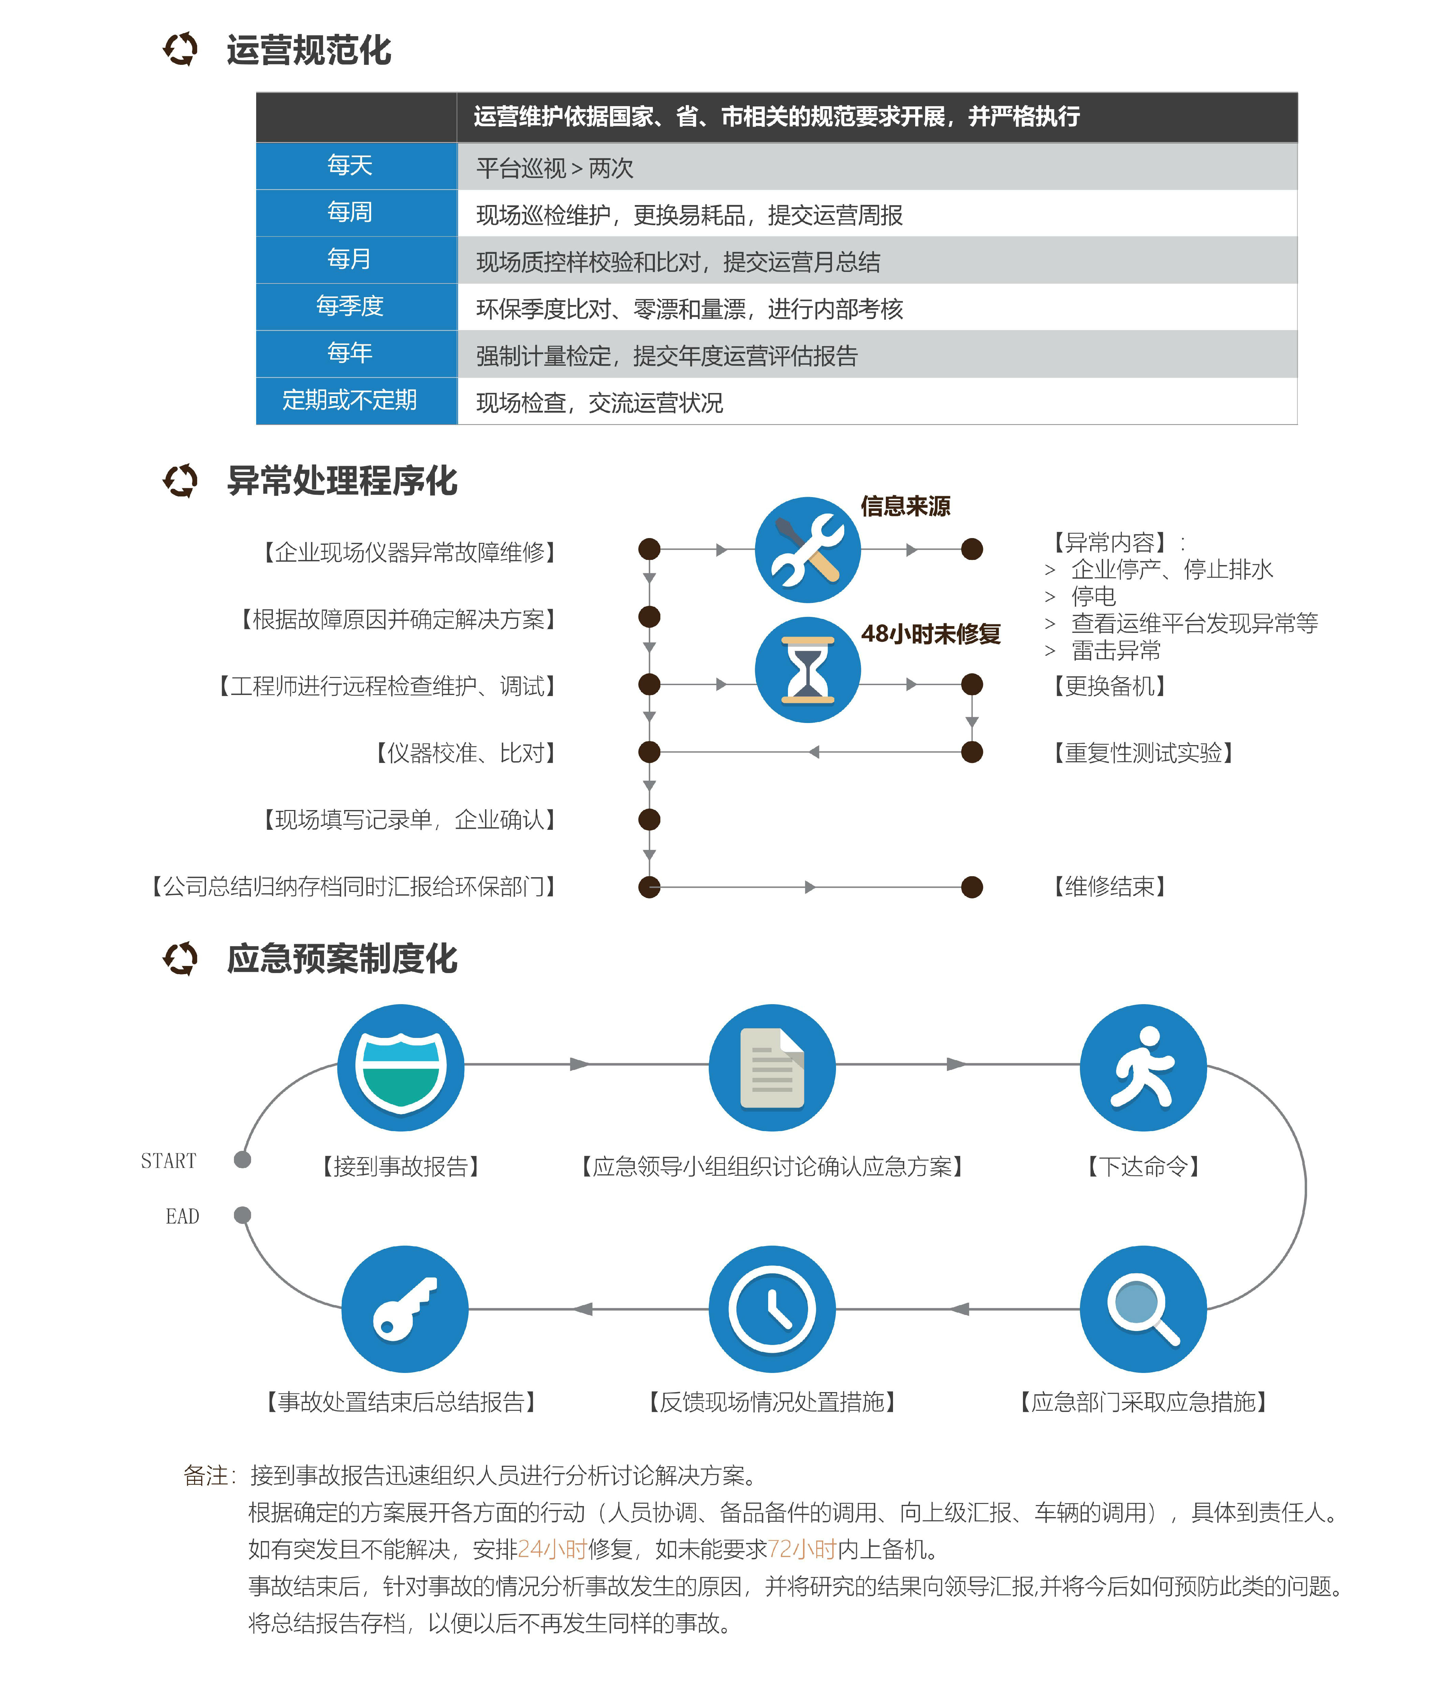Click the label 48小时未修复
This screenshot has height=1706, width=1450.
[931, 634]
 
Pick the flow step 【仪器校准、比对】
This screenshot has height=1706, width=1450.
[465, 752]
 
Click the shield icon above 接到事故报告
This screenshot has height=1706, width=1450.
[401, 1067]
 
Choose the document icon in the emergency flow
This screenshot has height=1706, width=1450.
[772, 1067]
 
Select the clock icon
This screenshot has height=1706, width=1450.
[772, 1309]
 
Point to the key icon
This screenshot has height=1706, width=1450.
[405, 1309]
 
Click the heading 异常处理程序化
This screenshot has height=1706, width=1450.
[342, 481]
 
